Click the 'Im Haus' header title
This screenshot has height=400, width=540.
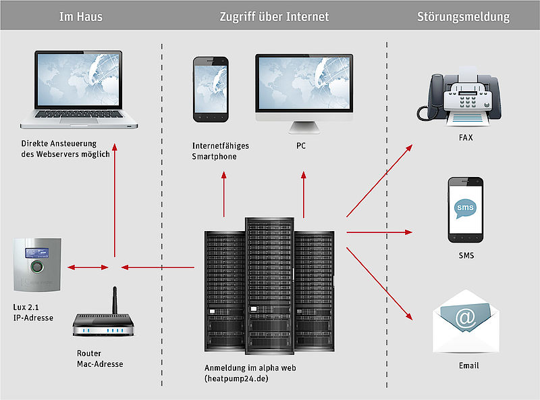[80, 16]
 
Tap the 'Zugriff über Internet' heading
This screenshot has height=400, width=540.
[274, 16]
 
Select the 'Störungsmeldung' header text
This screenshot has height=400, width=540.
[463, 16]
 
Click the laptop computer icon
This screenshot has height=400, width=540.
[79, 90]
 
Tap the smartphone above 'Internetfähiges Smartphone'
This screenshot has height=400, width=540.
[211, 89]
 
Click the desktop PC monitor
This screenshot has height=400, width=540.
[304, 93]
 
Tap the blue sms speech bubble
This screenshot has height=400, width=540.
[465, 208]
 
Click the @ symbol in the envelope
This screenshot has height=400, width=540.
[465, 318]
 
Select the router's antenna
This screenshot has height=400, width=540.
[115, 300]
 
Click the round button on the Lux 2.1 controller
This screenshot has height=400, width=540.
[37, 266]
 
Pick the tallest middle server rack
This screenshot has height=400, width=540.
[269, 286]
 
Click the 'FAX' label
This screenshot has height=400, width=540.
[466, 138]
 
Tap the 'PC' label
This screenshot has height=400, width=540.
[301, 146]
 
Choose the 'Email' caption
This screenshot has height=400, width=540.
[468, 366]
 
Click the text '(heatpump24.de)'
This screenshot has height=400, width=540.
[236, 378]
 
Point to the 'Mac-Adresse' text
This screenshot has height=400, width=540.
[100, 364]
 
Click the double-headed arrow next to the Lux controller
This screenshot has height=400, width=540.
[88, 268]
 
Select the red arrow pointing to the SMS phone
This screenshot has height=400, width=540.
[379, 232]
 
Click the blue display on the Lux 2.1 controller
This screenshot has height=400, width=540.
[36, 253]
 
